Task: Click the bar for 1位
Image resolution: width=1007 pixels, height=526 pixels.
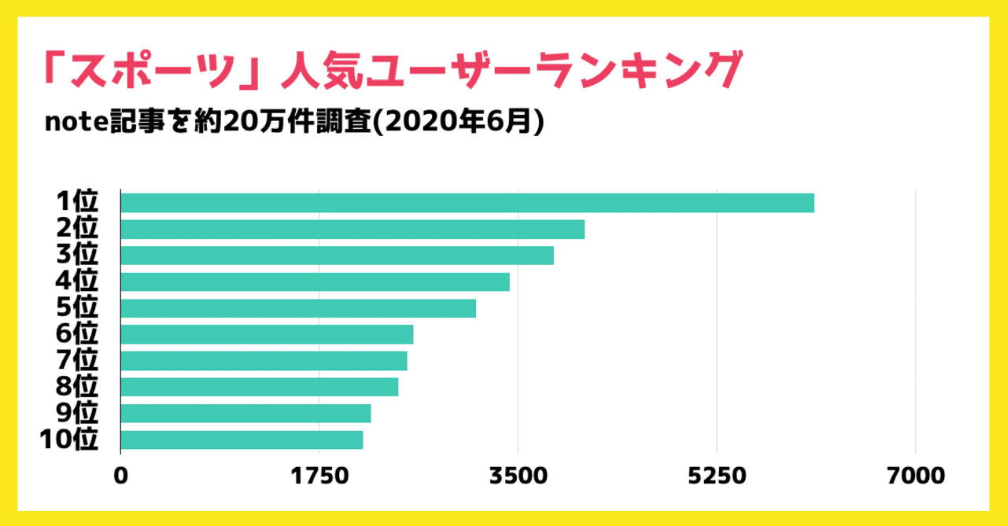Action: (x=467, y=203)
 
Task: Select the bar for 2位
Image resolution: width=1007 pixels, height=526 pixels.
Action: (x=352, y=230)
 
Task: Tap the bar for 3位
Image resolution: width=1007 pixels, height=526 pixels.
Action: (x=338, y=256)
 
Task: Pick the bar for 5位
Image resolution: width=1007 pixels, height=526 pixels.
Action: (x=298, y=308)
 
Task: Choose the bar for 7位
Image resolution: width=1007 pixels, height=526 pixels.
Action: (x=264, y=361)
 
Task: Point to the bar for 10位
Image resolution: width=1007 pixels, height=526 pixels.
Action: (x=242, y=440)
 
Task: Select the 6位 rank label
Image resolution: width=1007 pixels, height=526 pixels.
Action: (x=76, y=334)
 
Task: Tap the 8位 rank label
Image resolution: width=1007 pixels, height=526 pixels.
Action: (x=76, y=387)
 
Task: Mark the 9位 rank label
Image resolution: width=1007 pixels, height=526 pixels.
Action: (x=76, y=413)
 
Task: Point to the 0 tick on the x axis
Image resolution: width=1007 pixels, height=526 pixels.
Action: (x=120, y=476)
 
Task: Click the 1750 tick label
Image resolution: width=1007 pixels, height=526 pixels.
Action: (x=319, y=476)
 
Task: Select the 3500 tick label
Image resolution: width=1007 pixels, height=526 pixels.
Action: (x=518, y=476)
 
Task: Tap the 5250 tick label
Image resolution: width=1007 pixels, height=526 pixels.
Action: (x=716, y=476)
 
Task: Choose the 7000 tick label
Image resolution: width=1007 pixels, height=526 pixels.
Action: (x=915, y=476)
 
